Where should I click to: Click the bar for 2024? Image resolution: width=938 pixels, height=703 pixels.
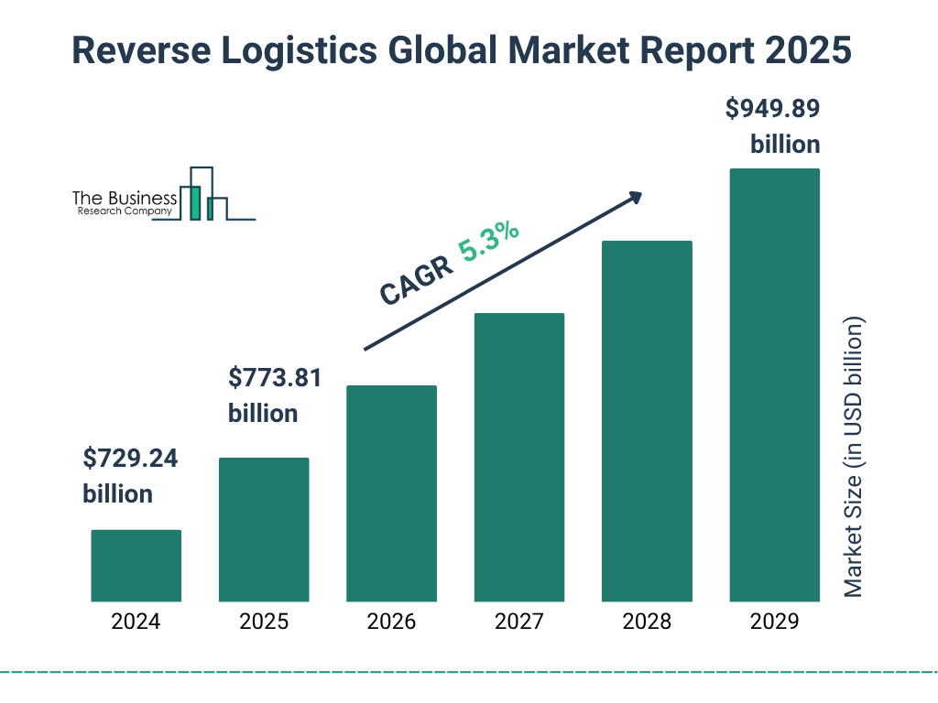[x=136, y=566]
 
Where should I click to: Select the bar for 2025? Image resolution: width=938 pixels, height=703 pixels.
[x=264, y=529]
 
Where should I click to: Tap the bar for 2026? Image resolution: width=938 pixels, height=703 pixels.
[x=391, y=493]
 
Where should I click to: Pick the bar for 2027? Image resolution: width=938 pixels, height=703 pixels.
[x=519, y=458]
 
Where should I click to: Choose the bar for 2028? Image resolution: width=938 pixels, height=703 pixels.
[x=647, y=421]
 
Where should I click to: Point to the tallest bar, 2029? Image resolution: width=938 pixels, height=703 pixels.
[x=774, y=385]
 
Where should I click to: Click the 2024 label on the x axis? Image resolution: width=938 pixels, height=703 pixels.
[x=136, y=622]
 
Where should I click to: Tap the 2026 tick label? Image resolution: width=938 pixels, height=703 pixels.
[x=391, y=622]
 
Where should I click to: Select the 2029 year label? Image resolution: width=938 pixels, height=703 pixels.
[x=774, y=622]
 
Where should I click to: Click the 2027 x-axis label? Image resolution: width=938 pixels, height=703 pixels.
[x=519, y=622]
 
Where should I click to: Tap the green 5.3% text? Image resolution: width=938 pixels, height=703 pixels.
[x=489, y=242]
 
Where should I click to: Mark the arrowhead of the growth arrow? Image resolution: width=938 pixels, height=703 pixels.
[x=635, y=197]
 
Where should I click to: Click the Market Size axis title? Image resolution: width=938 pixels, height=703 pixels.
[x=854, y=458]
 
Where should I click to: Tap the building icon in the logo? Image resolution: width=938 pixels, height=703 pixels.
[x=203, y=195]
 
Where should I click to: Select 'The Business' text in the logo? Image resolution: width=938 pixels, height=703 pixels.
[x=125, y=199]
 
